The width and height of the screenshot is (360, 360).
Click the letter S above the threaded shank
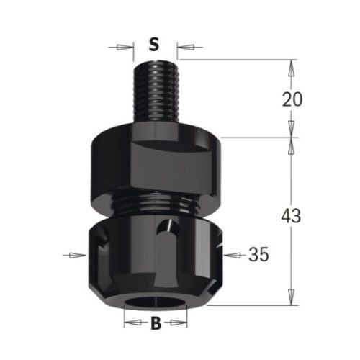pos(153,45)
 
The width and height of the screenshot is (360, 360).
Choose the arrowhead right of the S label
pos(180,48)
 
